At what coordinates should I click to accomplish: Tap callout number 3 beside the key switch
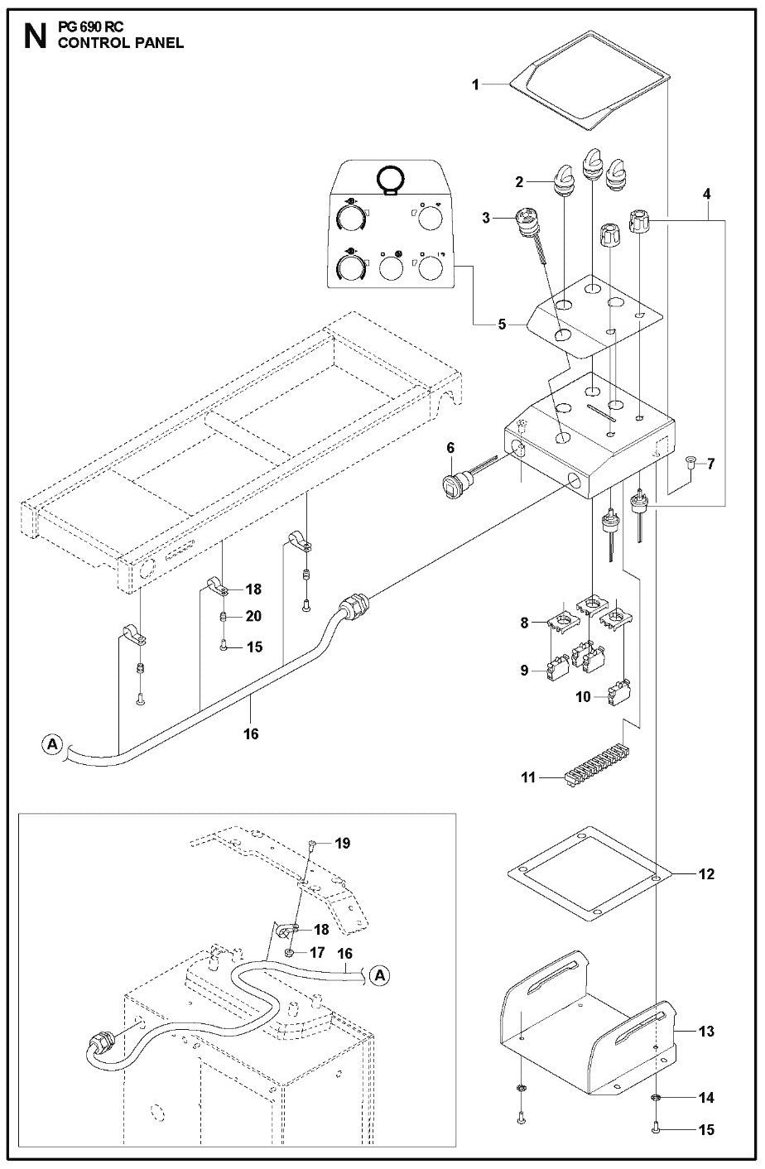(487, 218)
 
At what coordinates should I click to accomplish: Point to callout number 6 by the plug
(450, 448)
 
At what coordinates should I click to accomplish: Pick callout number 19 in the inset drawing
(343, 844)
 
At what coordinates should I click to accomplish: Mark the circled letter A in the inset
(379, 976)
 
